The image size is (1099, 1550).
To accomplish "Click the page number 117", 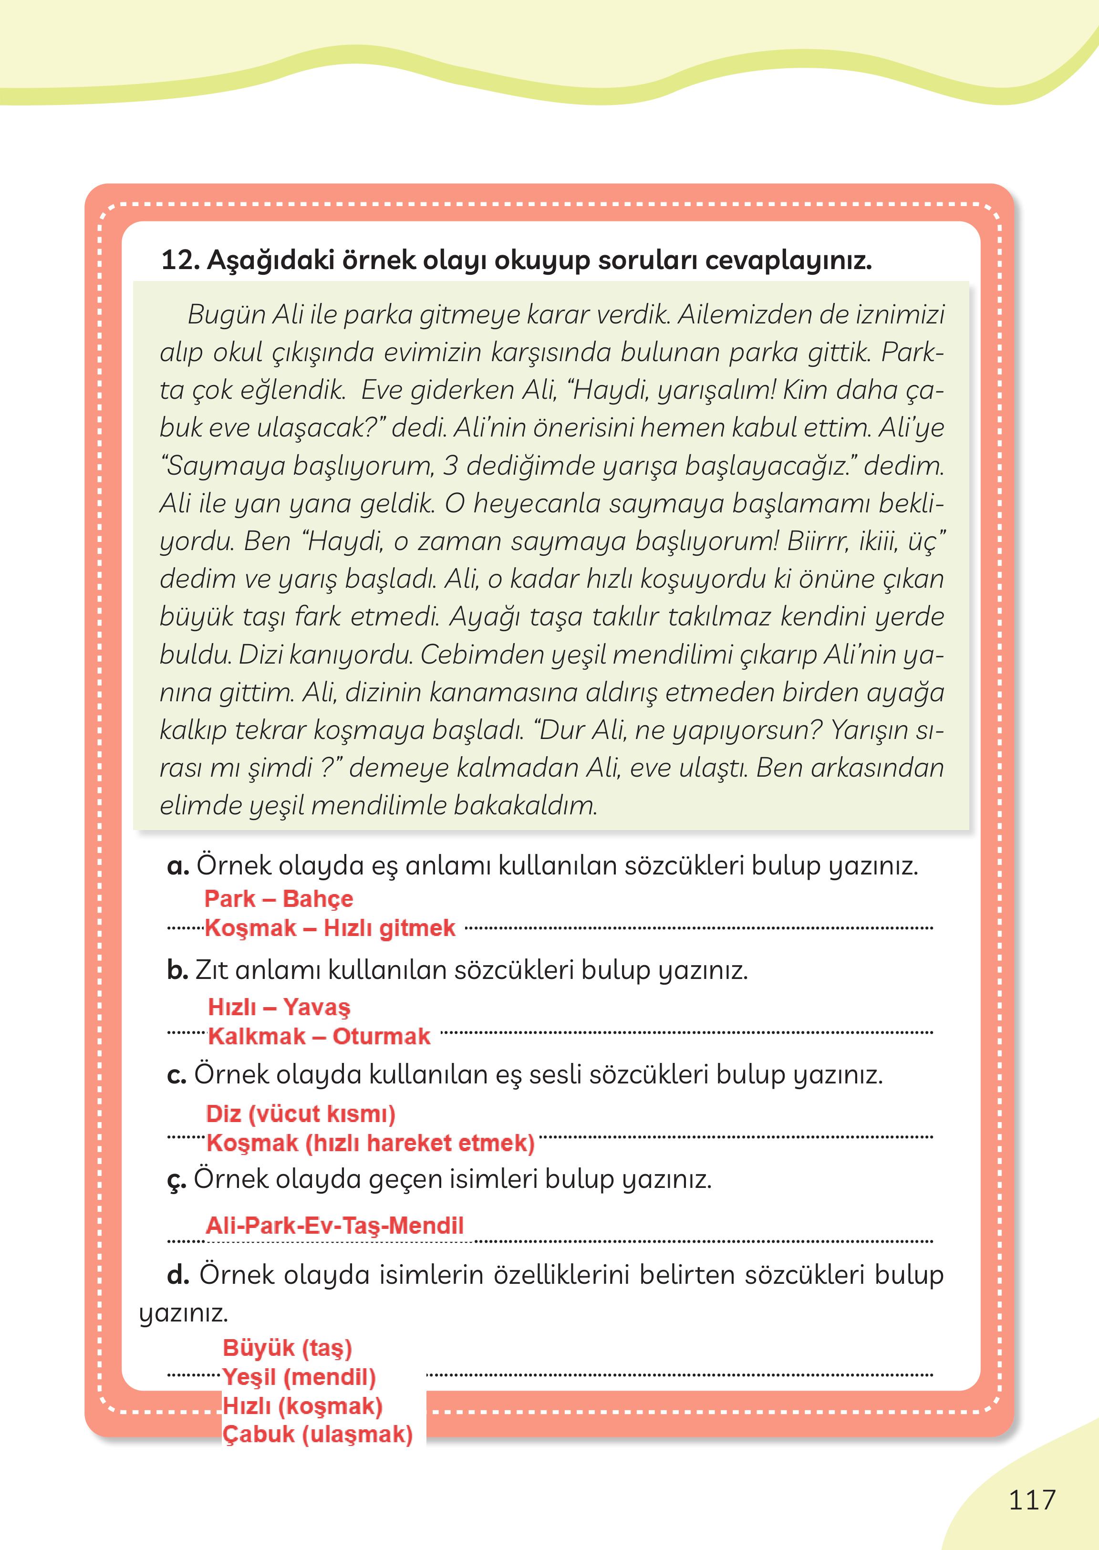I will click(x=1032, y=1500).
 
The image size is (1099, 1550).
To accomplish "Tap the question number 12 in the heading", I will click(x=179, y=260).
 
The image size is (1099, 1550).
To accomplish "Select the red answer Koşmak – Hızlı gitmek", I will click(x=330, y=928).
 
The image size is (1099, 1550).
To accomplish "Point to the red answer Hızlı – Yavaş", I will click(x=279, y=1007).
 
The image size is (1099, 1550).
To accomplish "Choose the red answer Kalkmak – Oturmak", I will click(x=319, y=1036).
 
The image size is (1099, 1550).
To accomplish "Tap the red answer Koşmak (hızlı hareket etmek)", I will click(x=370, y=1143).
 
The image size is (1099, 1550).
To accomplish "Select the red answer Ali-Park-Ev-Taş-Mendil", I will click(x=335, y=1226).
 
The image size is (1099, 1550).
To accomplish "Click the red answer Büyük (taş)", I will click(x=288, y=1348).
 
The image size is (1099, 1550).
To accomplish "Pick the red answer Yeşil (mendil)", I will click(x=299, y=1377).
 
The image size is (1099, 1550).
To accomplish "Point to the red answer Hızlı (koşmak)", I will click(x=302, y=1406).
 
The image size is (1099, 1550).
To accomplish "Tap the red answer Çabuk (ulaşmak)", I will click(x=317, y=1434).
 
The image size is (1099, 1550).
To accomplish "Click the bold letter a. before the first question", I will click(x=178, y=866).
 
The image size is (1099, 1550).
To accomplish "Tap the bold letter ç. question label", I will click(x=176, y=1180).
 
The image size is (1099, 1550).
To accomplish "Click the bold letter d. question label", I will click(x=178, y=1275).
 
